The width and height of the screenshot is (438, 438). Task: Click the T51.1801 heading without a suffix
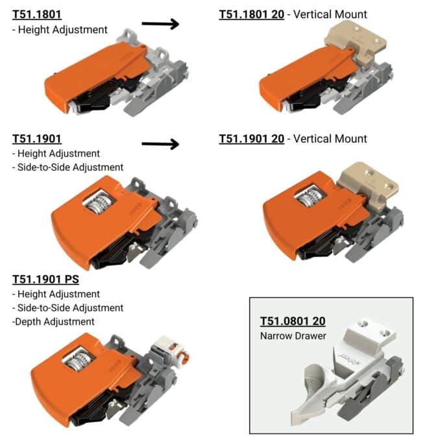37,14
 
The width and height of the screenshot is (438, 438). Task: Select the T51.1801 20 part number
251,14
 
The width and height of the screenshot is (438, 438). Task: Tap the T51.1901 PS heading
45,279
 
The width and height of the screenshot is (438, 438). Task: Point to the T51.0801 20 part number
293,321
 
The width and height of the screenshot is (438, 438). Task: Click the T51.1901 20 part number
251,139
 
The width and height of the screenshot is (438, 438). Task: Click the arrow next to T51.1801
160,24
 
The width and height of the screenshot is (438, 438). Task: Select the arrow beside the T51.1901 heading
160,144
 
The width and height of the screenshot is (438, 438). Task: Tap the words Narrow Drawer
293,335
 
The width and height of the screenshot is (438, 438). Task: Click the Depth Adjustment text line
53,321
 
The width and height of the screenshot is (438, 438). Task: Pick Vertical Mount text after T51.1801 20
330,14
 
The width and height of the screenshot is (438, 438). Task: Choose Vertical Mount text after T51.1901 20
330,139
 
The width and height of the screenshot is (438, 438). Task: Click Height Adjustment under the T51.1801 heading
60,30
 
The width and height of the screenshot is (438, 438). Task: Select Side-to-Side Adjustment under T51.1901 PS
67,308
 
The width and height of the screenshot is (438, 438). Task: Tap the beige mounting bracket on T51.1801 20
356,42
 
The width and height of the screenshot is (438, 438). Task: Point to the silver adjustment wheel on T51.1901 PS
79,360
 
